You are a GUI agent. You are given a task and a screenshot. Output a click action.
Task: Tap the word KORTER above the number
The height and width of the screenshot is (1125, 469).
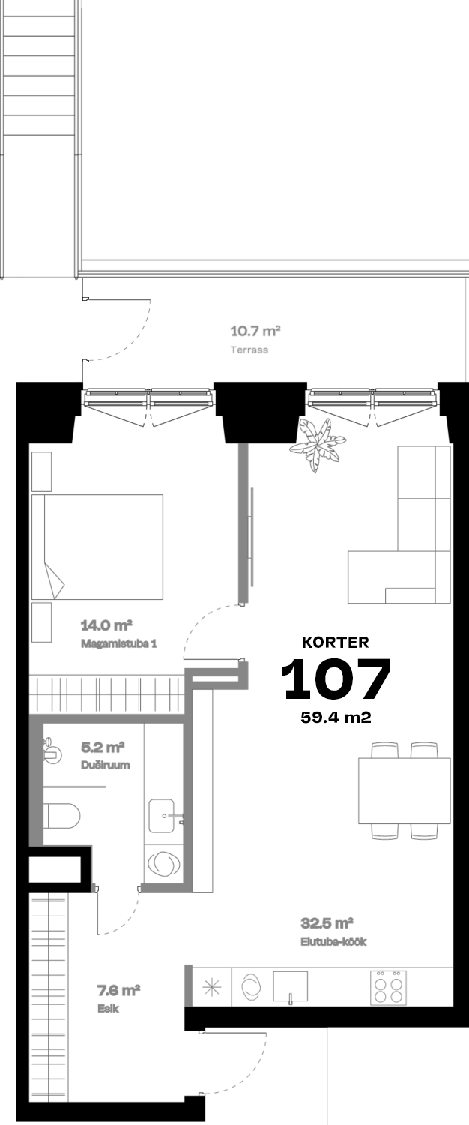click(x=336, y=642)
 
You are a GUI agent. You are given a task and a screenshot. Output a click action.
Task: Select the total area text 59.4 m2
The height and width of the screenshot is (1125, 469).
click(x=336, y=717)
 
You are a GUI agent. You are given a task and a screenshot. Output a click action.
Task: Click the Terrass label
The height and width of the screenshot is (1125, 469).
click(x=249, y=349)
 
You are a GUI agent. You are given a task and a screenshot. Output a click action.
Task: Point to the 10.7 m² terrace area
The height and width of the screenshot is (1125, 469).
click(x=255, y=331)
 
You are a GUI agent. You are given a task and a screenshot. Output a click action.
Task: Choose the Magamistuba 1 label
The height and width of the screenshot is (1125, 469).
click(x=119, y=643)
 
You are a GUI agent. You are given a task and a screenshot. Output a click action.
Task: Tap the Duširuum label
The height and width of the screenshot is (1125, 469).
click(x=106, y=765)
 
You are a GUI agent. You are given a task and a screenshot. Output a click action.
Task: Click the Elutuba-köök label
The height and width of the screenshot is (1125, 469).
click(x=333, y=941)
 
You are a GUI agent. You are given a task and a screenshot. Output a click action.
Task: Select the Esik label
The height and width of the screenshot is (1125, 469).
click(x=109, y=1008)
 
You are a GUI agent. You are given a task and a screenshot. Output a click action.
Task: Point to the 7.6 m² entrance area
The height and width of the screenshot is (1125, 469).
click(x=118, y=991)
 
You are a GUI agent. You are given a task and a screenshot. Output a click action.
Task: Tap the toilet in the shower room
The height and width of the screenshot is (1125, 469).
click(x=61, y=816)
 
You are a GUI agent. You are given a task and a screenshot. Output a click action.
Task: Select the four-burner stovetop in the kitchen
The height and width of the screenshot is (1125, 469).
click(x=388, y=988)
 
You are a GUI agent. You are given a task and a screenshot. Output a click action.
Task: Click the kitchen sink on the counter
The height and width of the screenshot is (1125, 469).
click(x=290, y=986)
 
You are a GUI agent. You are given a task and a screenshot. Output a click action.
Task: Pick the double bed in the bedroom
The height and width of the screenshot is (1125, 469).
click(x=97, y=547)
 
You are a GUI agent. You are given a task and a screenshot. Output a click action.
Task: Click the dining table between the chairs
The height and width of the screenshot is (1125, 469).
click(x=405, y=790)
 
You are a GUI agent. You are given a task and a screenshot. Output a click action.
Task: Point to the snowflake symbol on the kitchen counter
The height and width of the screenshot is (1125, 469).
click(x=212, y=988)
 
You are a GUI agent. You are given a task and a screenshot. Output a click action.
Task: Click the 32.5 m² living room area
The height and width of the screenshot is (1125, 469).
click(x=327, y=923)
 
